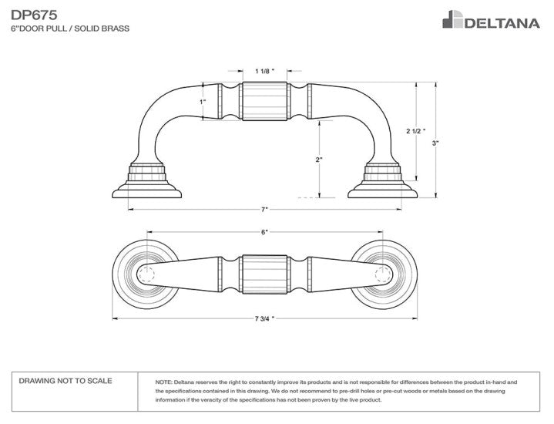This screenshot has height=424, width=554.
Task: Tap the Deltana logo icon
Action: click(452, 19)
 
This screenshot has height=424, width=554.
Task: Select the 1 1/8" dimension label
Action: click(264, 71)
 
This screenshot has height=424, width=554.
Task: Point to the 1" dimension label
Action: click(203, 102)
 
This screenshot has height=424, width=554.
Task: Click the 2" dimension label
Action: click(318, 160)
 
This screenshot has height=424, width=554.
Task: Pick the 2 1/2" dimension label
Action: click(415, 132)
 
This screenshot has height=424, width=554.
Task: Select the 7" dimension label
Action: click(264, 209)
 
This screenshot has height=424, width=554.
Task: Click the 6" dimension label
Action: click(264, 231)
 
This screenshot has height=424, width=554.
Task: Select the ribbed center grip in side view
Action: click(264, 103)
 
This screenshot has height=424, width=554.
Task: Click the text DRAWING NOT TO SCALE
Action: click(65, 381)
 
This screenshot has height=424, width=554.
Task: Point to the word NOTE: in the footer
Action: click(163, 382)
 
